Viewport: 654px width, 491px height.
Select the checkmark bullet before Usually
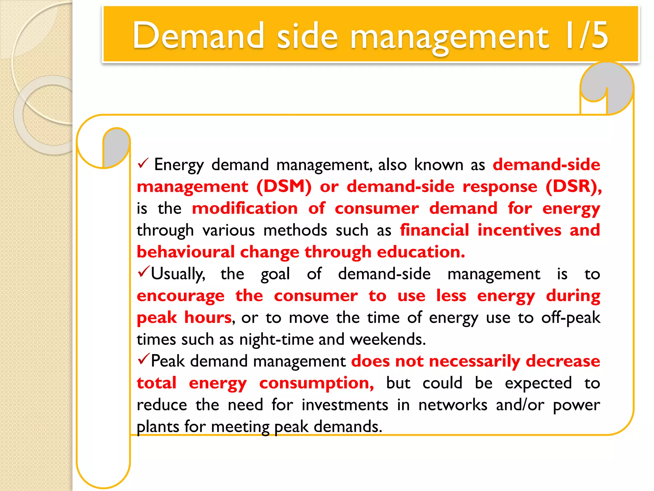(143, 272)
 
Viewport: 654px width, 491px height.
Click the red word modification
(245, 208)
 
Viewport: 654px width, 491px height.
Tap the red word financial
(434, 230)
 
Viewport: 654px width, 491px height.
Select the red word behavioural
(186, 252)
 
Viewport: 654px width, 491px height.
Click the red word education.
(421, 252)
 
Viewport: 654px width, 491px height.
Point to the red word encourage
(180, 296)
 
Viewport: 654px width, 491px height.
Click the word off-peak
(571, 318)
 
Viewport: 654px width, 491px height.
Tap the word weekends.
(388, 339)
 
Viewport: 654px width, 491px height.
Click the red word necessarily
(475, 361)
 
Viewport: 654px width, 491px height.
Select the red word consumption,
(316, 383)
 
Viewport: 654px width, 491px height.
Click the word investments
(345, 405)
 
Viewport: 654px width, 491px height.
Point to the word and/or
(520, 405)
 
